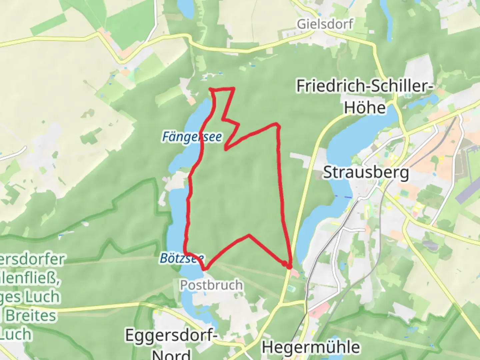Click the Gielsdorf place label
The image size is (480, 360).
point(325,24)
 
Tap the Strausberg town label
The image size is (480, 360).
point(366,173)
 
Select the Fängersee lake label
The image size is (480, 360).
point(192,137)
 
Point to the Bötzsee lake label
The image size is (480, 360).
point(182,258)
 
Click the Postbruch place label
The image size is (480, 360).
point(211,285)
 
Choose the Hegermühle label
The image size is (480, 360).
point(311,347)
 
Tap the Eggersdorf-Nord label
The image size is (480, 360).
point(171,343)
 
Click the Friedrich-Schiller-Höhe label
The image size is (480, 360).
point(365,97)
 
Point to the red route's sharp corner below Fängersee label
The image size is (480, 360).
point(226,149)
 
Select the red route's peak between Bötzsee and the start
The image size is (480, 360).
point(249,235)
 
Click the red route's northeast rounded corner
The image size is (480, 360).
point(277,125)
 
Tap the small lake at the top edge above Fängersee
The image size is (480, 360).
point(185,8)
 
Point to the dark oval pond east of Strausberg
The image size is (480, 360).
point(430,246)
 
